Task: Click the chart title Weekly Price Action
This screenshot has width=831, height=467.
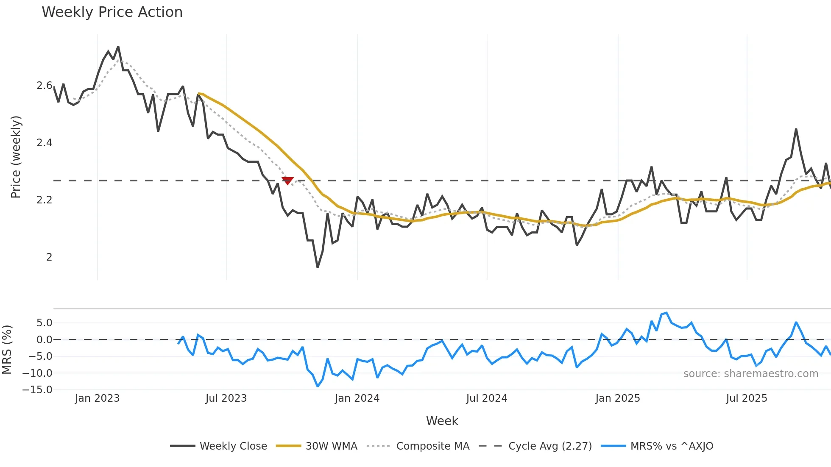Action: click(112, 12)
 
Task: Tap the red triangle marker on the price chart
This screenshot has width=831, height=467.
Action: click(287, 181)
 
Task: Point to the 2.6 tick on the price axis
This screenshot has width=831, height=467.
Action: click(44, 86)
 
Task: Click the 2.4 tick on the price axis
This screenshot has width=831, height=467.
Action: click(44, 143)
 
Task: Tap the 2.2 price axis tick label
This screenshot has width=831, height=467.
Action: click(44, 200)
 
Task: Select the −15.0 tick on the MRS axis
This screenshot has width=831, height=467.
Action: click(37, 390)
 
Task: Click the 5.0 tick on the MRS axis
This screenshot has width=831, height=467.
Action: click(44, 323)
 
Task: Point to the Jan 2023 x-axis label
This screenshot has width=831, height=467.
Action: click(97, 398)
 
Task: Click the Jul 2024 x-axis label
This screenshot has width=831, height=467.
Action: click(486, 398)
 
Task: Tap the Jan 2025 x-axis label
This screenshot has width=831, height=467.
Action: click(617, 398)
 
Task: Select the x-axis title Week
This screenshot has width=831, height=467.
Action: click(442, 421)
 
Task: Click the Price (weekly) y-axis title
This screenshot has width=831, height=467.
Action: click(16, 157)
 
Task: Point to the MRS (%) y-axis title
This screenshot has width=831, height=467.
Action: click(7, 350)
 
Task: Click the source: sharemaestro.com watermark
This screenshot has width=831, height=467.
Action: click(750, 374)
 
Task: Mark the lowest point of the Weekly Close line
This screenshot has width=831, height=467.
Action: click(318, 267)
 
